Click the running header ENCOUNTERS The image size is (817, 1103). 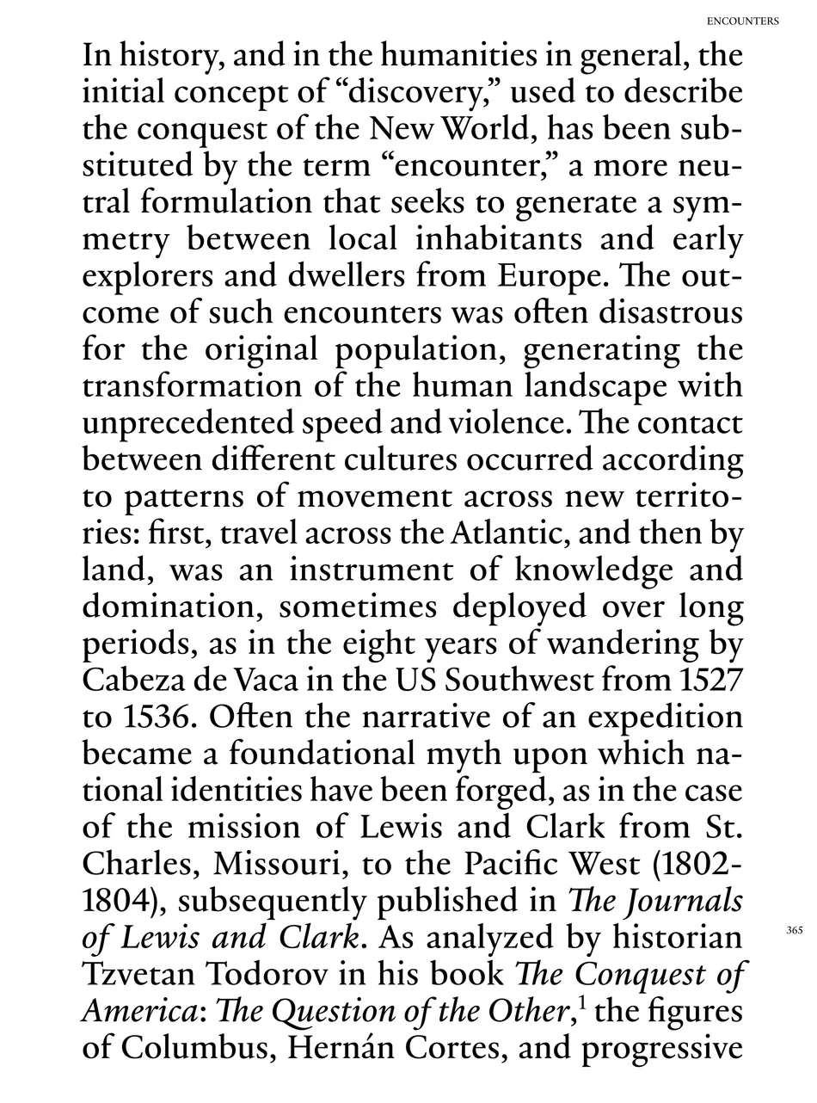(x=743, y=21)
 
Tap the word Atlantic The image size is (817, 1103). (x=508, y=533)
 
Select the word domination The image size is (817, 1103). (x=172, y=607)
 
